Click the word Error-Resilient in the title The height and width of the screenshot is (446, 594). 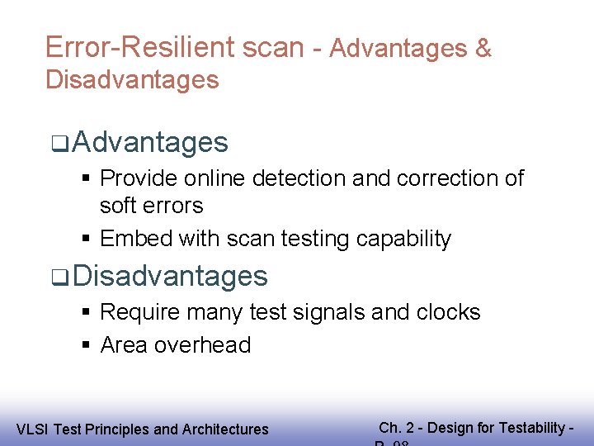140,47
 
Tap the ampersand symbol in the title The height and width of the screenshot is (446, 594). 483,49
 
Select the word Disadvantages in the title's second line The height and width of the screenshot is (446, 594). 132,80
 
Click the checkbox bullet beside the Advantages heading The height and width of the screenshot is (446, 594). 57,144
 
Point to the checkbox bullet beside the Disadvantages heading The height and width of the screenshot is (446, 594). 57,277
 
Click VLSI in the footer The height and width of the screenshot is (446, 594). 31,429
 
